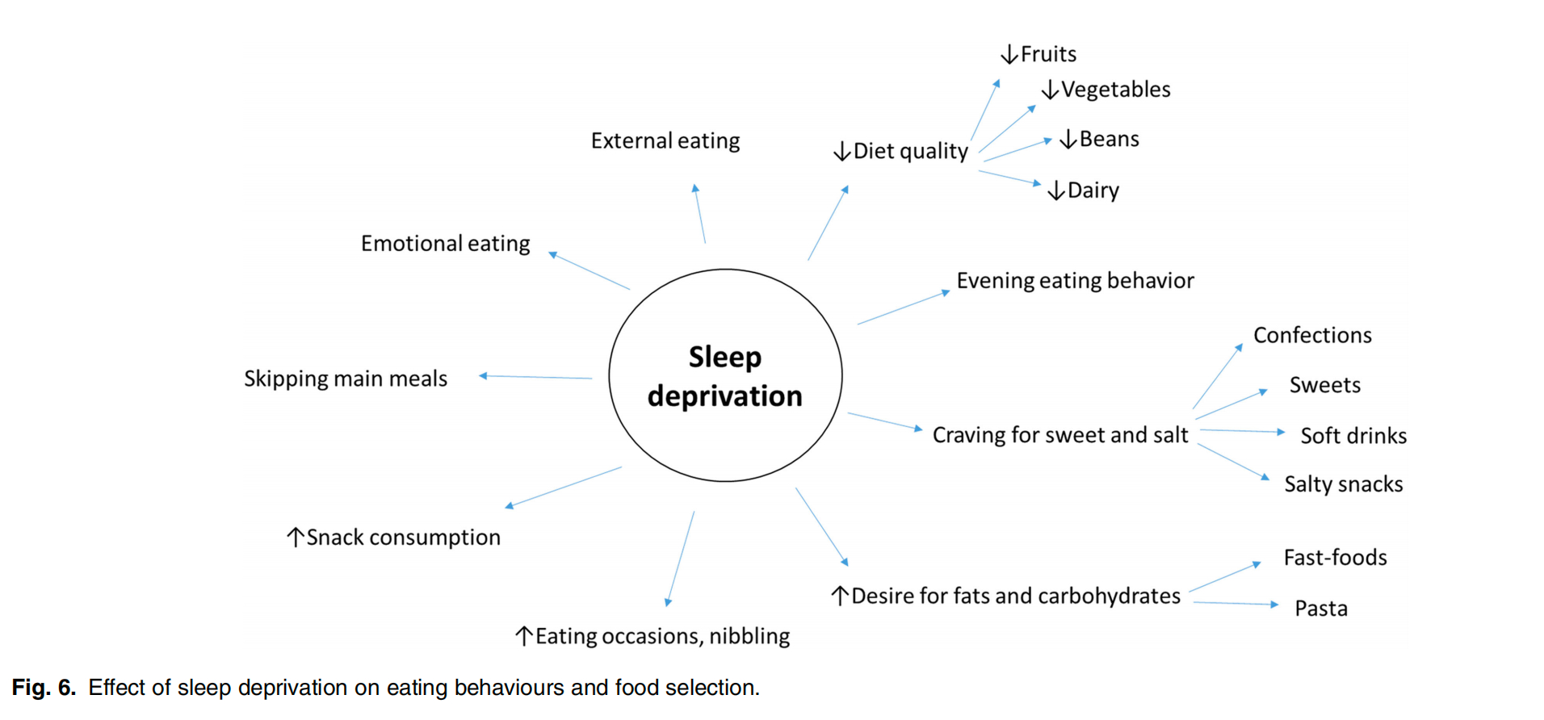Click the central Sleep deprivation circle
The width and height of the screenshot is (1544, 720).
click(x=724, y=376)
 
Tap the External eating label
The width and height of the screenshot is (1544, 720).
click(x=665, y=141)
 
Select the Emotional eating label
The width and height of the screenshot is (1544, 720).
click(x=445, y=244)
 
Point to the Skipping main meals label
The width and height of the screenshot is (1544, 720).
click(x=346, y=379)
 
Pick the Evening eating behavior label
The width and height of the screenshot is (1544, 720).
click(x=1074, y=281)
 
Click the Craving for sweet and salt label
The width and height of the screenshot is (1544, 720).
click(x=1059, y=435)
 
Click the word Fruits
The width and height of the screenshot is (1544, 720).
click(x=1048, y=54)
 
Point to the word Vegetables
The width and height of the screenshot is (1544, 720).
click(x=1115, y=90)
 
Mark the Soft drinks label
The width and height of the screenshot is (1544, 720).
click(x=1353, y=436)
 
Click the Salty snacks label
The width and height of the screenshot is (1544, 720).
click(x=1343, y=484)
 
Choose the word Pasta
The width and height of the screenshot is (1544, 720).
click(x=1320, y=609)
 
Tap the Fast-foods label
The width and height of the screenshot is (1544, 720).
click(x=1335, y=558)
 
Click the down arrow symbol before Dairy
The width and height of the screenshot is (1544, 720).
click(x=1055, y=190)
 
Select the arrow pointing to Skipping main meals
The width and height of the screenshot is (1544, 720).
click(x=535, y=377)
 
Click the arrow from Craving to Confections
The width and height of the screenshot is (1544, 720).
click(x=1217, y=376)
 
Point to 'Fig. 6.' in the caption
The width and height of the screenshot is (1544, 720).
click(x=44, y=688)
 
